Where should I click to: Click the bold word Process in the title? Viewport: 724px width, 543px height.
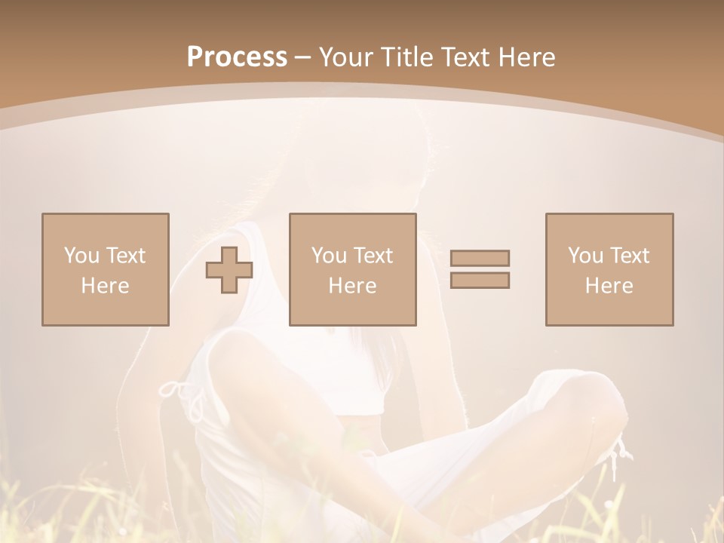pos(237,57)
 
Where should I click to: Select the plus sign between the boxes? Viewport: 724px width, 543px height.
pos(229,270)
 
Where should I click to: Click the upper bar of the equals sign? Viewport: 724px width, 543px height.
pos(480,258)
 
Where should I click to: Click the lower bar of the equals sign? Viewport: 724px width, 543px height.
pos(480,280)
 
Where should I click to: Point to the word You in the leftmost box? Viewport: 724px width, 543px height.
pos(81,256)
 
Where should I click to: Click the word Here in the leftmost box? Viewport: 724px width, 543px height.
pos(105,286)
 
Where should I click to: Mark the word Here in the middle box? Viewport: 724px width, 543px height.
pos(352,286)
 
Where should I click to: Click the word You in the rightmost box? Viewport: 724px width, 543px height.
pos(584,256)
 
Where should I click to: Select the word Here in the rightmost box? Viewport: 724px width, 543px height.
pos(609,286)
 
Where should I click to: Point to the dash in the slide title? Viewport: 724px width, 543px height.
pos(303,57)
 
